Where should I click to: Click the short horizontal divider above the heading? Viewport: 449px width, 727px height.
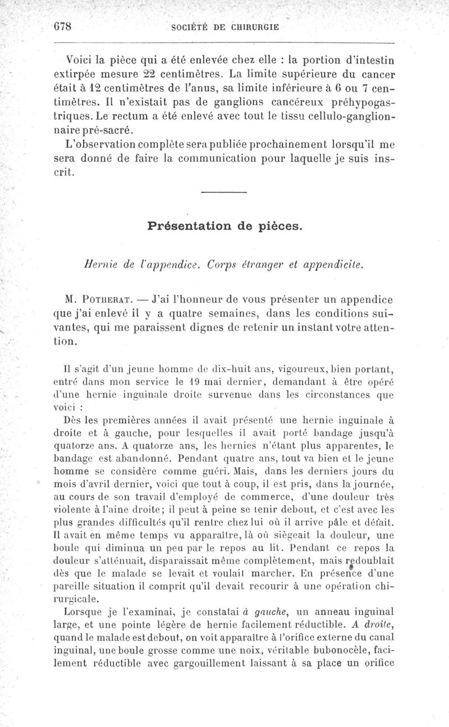pos(223,193)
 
